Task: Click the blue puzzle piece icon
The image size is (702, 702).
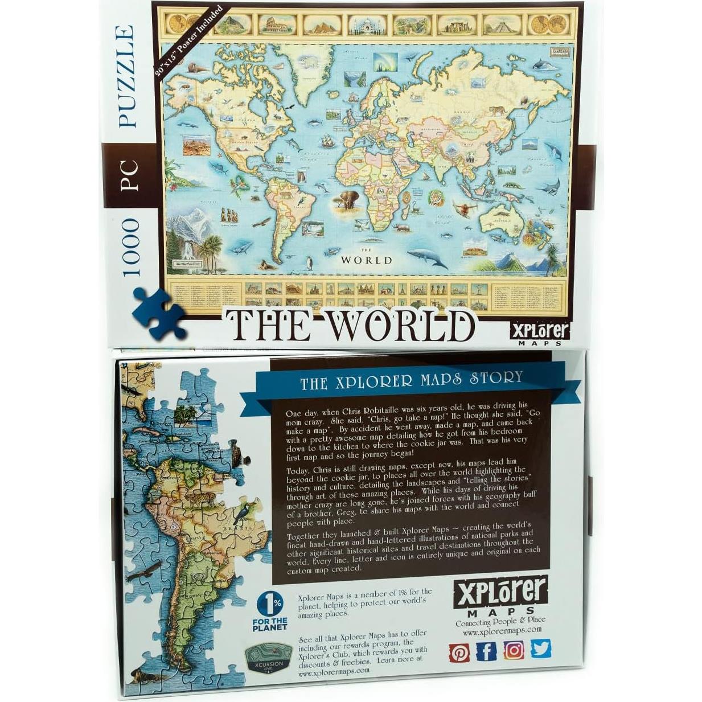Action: tap(159, 313)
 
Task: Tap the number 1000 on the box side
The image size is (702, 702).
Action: tap(130, 247)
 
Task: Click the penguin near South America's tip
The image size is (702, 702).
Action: tap(310, 263)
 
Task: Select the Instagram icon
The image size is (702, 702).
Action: tap(514, 650)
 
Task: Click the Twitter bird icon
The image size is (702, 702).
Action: tap(541, 648)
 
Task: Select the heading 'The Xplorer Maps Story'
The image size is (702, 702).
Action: tap(411, 380)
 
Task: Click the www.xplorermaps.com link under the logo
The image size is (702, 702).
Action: tap(502, 631)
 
